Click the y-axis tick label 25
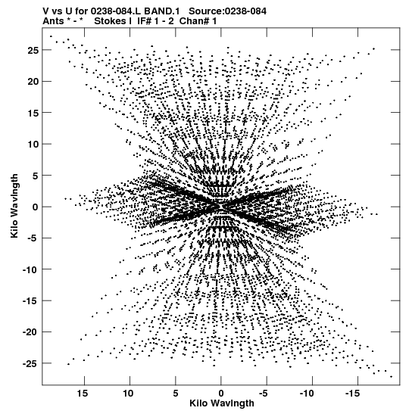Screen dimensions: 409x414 [33, 50]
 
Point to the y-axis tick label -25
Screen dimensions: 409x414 [30, 364]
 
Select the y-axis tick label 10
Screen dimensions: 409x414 [33, 144]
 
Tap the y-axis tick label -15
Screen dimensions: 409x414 [30, 301]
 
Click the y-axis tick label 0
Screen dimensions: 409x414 [36, 207]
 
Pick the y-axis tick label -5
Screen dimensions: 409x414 [33, 238]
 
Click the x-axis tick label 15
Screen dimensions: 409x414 [83, 394]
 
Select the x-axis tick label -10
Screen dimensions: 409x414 [307, 394]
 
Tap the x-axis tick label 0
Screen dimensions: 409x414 [221, 394]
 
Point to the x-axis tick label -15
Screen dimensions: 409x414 [353, 394]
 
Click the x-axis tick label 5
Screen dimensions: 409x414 [176, 394]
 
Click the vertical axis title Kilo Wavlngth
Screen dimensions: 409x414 [14, 206]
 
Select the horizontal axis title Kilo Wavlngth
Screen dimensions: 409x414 [222, 403]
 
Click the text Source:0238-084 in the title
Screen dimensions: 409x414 [227, 11]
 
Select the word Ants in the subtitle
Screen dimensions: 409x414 [53, 21]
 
